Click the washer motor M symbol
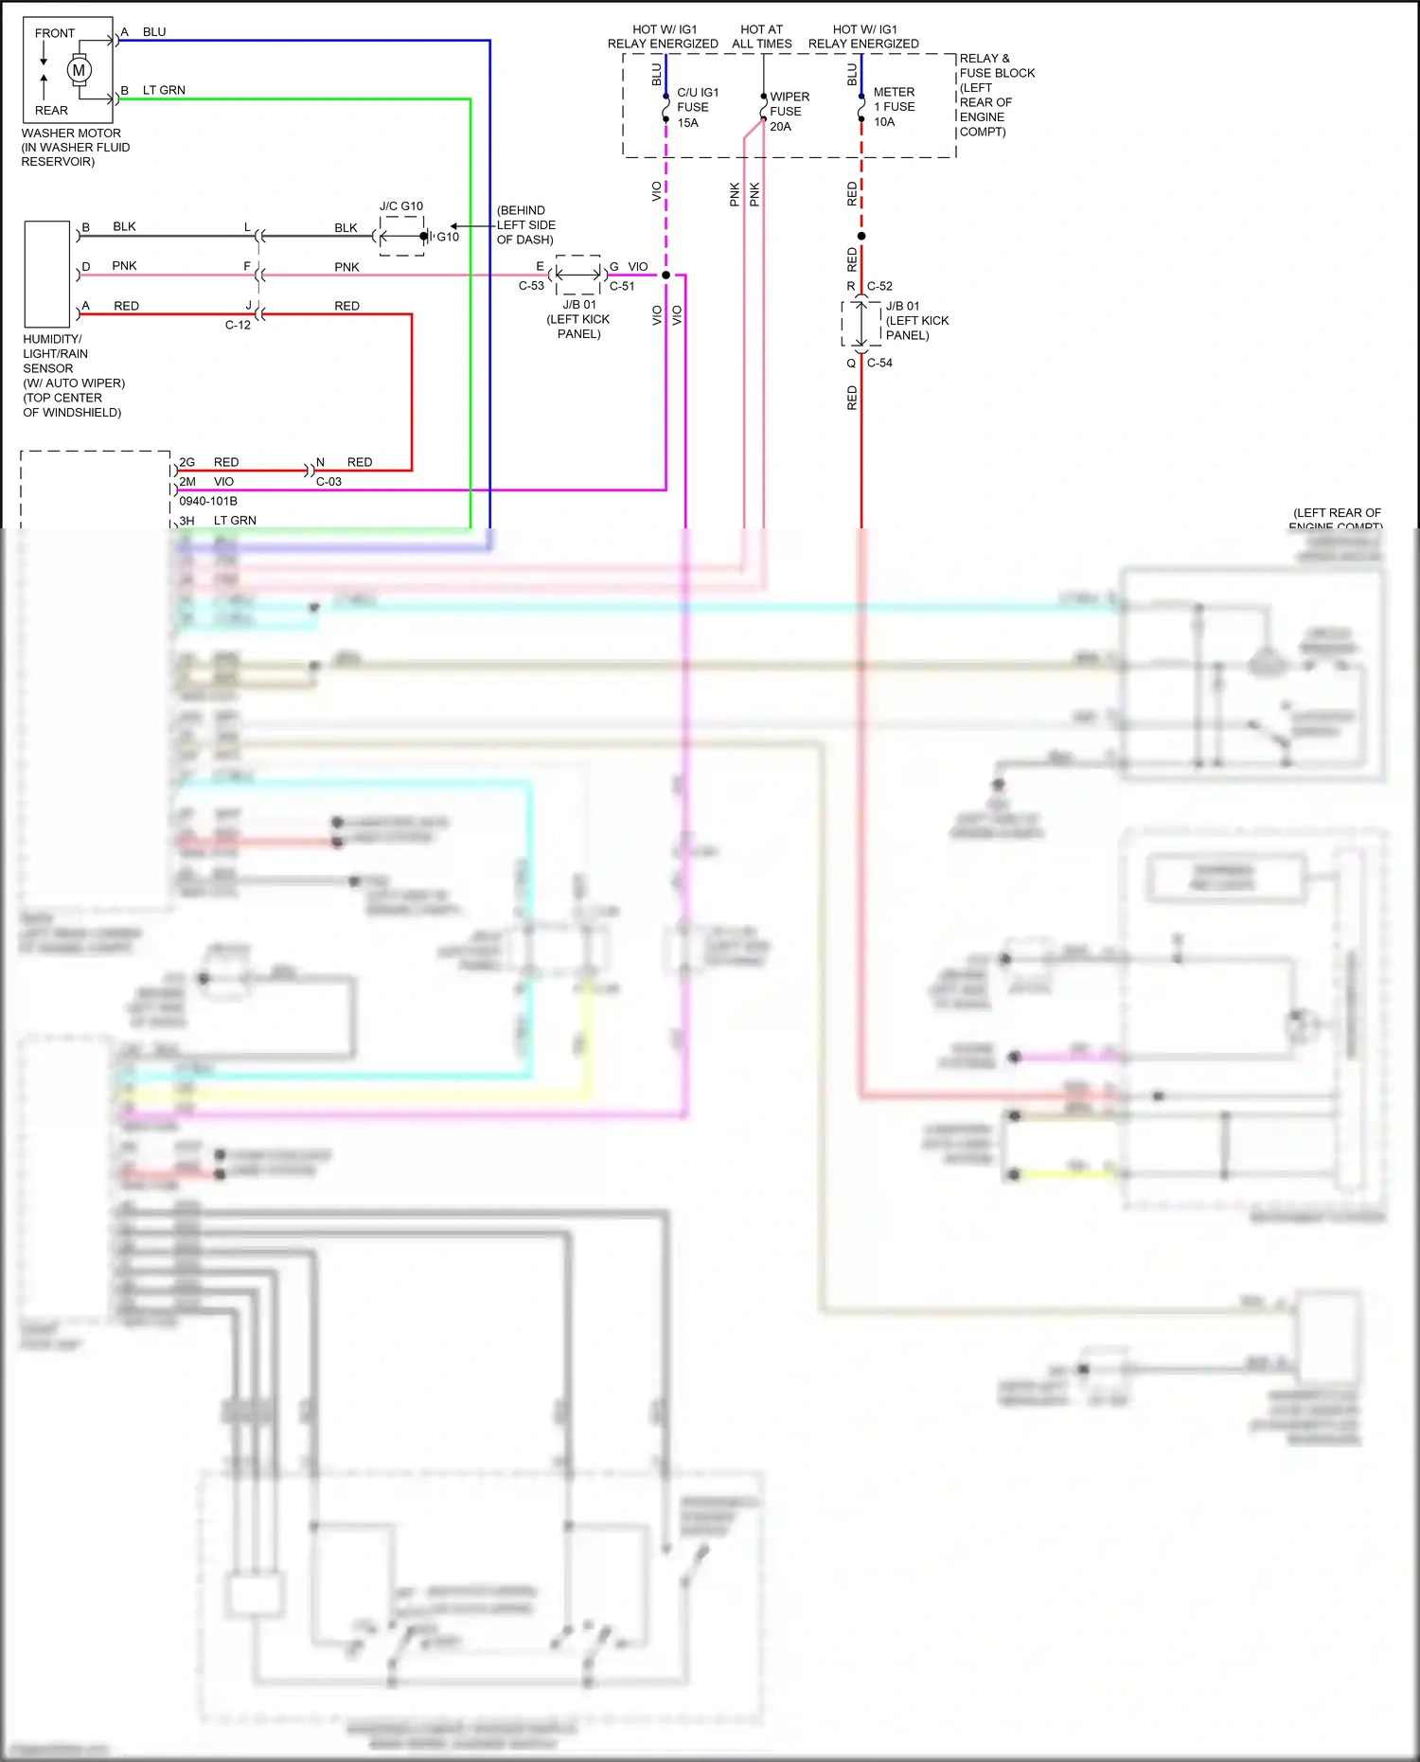click(x=79, y=70)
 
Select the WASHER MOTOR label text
click(x=71, y=133)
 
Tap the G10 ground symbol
click(x=427, y=236)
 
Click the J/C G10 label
click(x=401, y=206)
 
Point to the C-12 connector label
click(x=238, y=325)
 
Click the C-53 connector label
click(x=531, y=285)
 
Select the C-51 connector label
click(x=622, y=286)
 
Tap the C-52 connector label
click(x=879, y=286)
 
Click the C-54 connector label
click(x=879, y=363)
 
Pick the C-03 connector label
click(x=328, y=482)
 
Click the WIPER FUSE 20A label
click(x=789, y=112)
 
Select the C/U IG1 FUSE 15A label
click(x=697, y=108)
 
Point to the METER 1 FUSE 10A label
click(x=894, y=107)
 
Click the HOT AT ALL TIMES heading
click(x=761, y=37)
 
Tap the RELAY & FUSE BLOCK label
click(x=996, y=66)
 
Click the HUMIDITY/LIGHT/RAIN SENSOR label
click(x=56, y=354)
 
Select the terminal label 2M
click(x=187, y=482)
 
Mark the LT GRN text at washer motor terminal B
click(x=164, y=91)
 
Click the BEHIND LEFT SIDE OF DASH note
click(x=525, y=225)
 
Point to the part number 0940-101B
click(x=208, y=501)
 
